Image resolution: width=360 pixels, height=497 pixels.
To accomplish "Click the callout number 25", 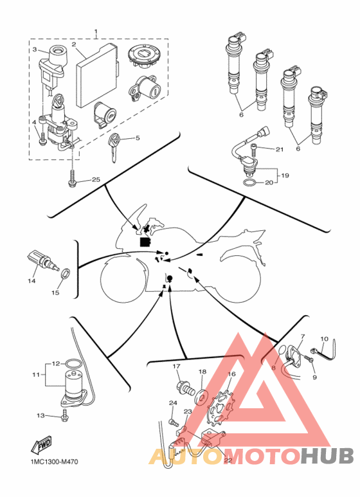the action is pos(96,180).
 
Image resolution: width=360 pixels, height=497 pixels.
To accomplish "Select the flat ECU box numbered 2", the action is pos(97,75).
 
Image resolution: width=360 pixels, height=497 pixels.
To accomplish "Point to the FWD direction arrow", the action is pos(41,445).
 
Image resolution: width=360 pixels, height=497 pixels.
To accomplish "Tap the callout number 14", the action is pos(32,281).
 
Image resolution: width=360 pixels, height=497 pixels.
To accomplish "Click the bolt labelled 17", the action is pos(184,388).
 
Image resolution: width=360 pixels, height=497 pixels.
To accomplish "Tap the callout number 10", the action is pos(324,339).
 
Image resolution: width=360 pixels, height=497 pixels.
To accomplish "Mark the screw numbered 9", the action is pos(309,359).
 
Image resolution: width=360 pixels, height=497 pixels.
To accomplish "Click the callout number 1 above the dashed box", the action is pos(96,32).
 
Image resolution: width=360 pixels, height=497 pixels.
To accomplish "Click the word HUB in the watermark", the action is pos(327,456).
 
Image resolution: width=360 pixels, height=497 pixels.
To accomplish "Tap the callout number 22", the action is pos(228,460).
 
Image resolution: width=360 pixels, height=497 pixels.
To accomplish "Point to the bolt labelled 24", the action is pos(174,422).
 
